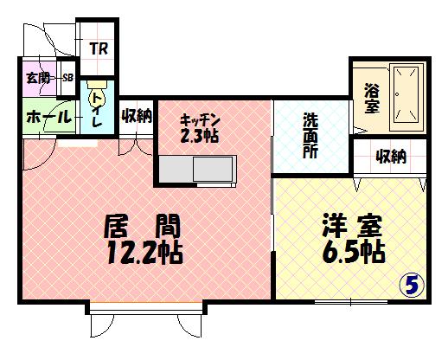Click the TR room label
99,48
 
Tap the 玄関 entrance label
38,78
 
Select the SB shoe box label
68,78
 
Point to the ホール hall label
48,117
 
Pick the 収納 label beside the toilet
137,116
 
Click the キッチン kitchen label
201,120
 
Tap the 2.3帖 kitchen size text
199,136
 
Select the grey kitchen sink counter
196,169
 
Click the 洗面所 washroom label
310,136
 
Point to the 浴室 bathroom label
372,98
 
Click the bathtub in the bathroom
406,98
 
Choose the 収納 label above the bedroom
391,157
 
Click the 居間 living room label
142,226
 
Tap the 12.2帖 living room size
144,253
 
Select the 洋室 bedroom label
352,225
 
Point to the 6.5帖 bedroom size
354,251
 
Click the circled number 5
412,285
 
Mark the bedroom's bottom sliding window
351,302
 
